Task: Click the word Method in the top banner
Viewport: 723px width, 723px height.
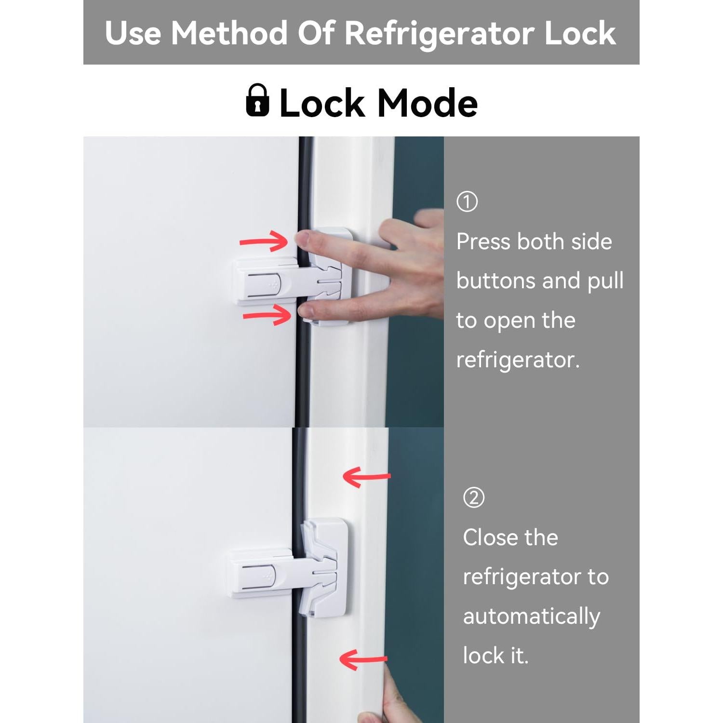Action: [x=229, y=33]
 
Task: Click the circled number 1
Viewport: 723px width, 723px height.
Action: [x=467, y=201]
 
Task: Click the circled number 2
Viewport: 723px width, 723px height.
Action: [x=474, y=497]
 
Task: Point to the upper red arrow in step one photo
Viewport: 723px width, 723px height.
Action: [x=264, y=241]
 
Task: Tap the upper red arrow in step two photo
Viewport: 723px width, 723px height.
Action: [x=366, y=477]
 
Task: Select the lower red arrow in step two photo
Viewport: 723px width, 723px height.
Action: [x=362, y=659]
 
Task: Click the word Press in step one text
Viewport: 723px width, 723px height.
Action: [x=483, y=241]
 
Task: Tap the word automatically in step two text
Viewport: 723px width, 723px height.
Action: [x=531, y=616]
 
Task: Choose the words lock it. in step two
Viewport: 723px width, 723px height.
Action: [x=495, y=656]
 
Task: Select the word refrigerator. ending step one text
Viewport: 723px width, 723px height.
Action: [x=518, y=360]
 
